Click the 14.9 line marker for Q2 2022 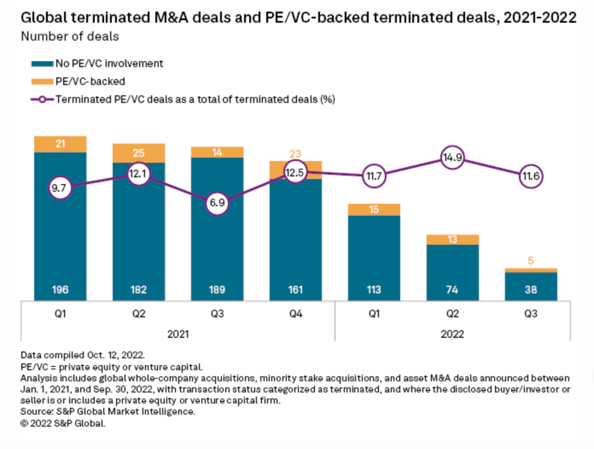[452, 157]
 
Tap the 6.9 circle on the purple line [217, 202]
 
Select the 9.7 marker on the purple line [60, 188]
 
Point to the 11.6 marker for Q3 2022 [531, 176]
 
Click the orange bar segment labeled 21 [60, 144]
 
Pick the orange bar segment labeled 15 [374, 209]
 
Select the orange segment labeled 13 [452, 240]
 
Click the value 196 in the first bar [60, 290]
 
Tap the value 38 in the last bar [531, 290]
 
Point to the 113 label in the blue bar [374, 290]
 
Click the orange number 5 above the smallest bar [531, 261]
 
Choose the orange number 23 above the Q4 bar [295, 154]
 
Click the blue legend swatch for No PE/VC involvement [42, 64]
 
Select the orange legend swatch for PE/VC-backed [42, 82]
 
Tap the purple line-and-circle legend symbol [42, 100]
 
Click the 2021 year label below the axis [178, 334]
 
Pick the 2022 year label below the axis [452, 334]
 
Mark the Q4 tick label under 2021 [296, 314]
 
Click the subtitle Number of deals [70, 37]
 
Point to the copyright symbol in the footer [24, 424]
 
